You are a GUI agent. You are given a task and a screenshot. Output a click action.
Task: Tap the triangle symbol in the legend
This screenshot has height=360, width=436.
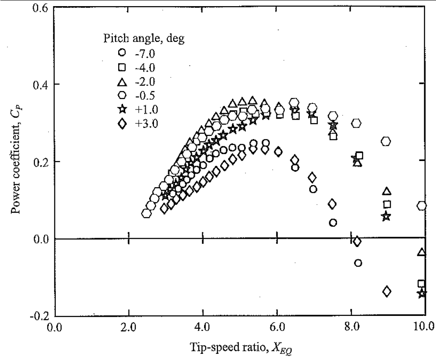pos(122,81)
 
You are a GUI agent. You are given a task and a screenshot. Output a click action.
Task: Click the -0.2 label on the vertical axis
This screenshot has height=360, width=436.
pos(38,316)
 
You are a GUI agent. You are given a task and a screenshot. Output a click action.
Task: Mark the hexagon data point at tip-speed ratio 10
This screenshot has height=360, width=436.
pos(421,206)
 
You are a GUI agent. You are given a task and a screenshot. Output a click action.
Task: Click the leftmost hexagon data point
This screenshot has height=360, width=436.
pos(146,213)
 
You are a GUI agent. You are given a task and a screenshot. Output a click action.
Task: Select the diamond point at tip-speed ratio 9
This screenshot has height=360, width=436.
pos(386,291)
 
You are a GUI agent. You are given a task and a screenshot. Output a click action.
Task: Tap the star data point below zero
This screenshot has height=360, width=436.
pos(422,293)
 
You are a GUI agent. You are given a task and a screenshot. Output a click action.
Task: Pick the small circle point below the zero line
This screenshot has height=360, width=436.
pos(358,263)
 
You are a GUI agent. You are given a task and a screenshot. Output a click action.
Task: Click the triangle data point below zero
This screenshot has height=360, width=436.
pos(421,252)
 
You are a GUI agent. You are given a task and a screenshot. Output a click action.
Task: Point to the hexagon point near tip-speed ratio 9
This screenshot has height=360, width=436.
pos(386,141)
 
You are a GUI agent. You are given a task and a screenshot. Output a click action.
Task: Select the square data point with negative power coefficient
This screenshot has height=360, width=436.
pos(421,284)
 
